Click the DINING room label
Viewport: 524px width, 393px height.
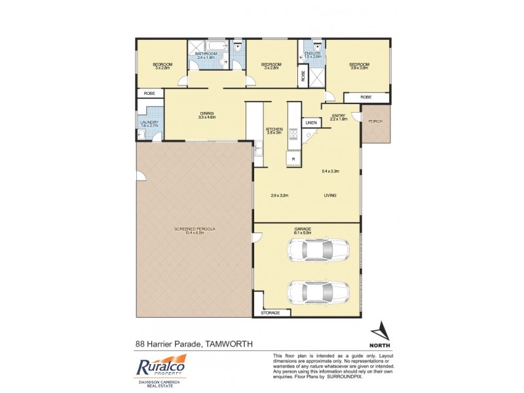pos(207,113)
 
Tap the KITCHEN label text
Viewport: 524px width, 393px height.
pos(273,129)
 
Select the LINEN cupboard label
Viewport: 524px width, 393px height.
pos(310,122)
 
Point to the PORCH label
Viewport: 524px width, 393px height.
pos(375,121)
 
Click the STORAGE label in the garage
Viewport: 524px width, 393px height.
pos(271,313)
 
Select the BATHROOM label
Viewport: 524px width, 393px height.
pos(206,54)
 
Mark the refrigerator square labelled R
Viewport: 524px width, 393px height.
pos(293,159)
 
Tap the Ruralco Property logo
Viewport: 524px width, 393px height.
pos(160,366)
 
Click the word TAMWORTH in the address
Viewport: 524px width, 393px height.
pos(229,343)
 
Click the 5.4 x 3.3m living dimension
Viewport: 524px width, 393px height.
pos(331,172)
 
